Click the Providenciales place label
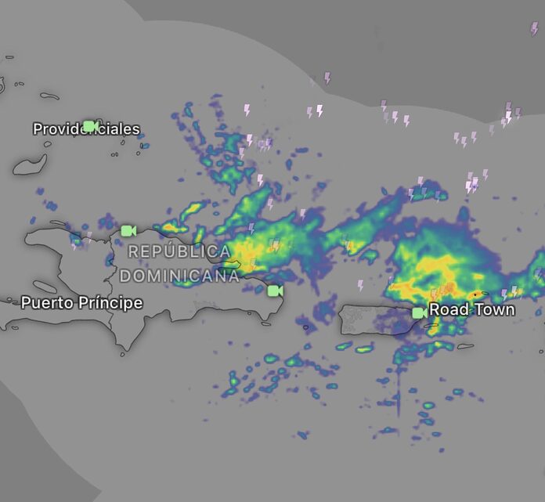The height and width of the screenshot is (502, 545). click(x=86, y=128)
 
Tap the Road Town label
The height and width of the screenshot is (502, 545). click(x=472, y=309)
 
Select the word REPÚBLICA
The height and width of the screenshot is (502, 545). click(x=179, y=252)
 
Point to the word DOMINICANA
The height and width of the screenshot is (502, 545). click(x=179, y=276)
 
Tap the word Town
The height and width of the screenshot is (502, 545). click(x=493, y=309)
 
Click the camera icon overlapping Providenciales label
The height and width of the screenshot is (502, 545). click(x=90, y=126)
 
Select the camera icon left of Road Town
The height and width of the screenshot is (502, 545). click(x=419, y=312)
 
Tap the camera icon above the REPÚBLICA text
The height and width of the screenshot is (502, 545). click(x=128, y=230)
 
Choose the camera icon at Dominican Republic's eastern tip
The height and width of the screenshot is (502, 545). click(x=274, y=291)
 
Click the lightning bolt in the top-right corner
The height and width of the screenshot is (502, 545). click(x=535, y=28)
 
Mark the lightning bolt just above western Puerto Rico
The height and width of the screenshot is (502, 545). click(x=360, y=285)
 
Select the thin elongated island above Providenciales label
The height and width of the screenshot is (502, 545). click(x=49, y=97)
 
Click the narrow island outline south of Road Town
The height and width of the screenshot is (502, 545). click(x=465, y=347)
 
